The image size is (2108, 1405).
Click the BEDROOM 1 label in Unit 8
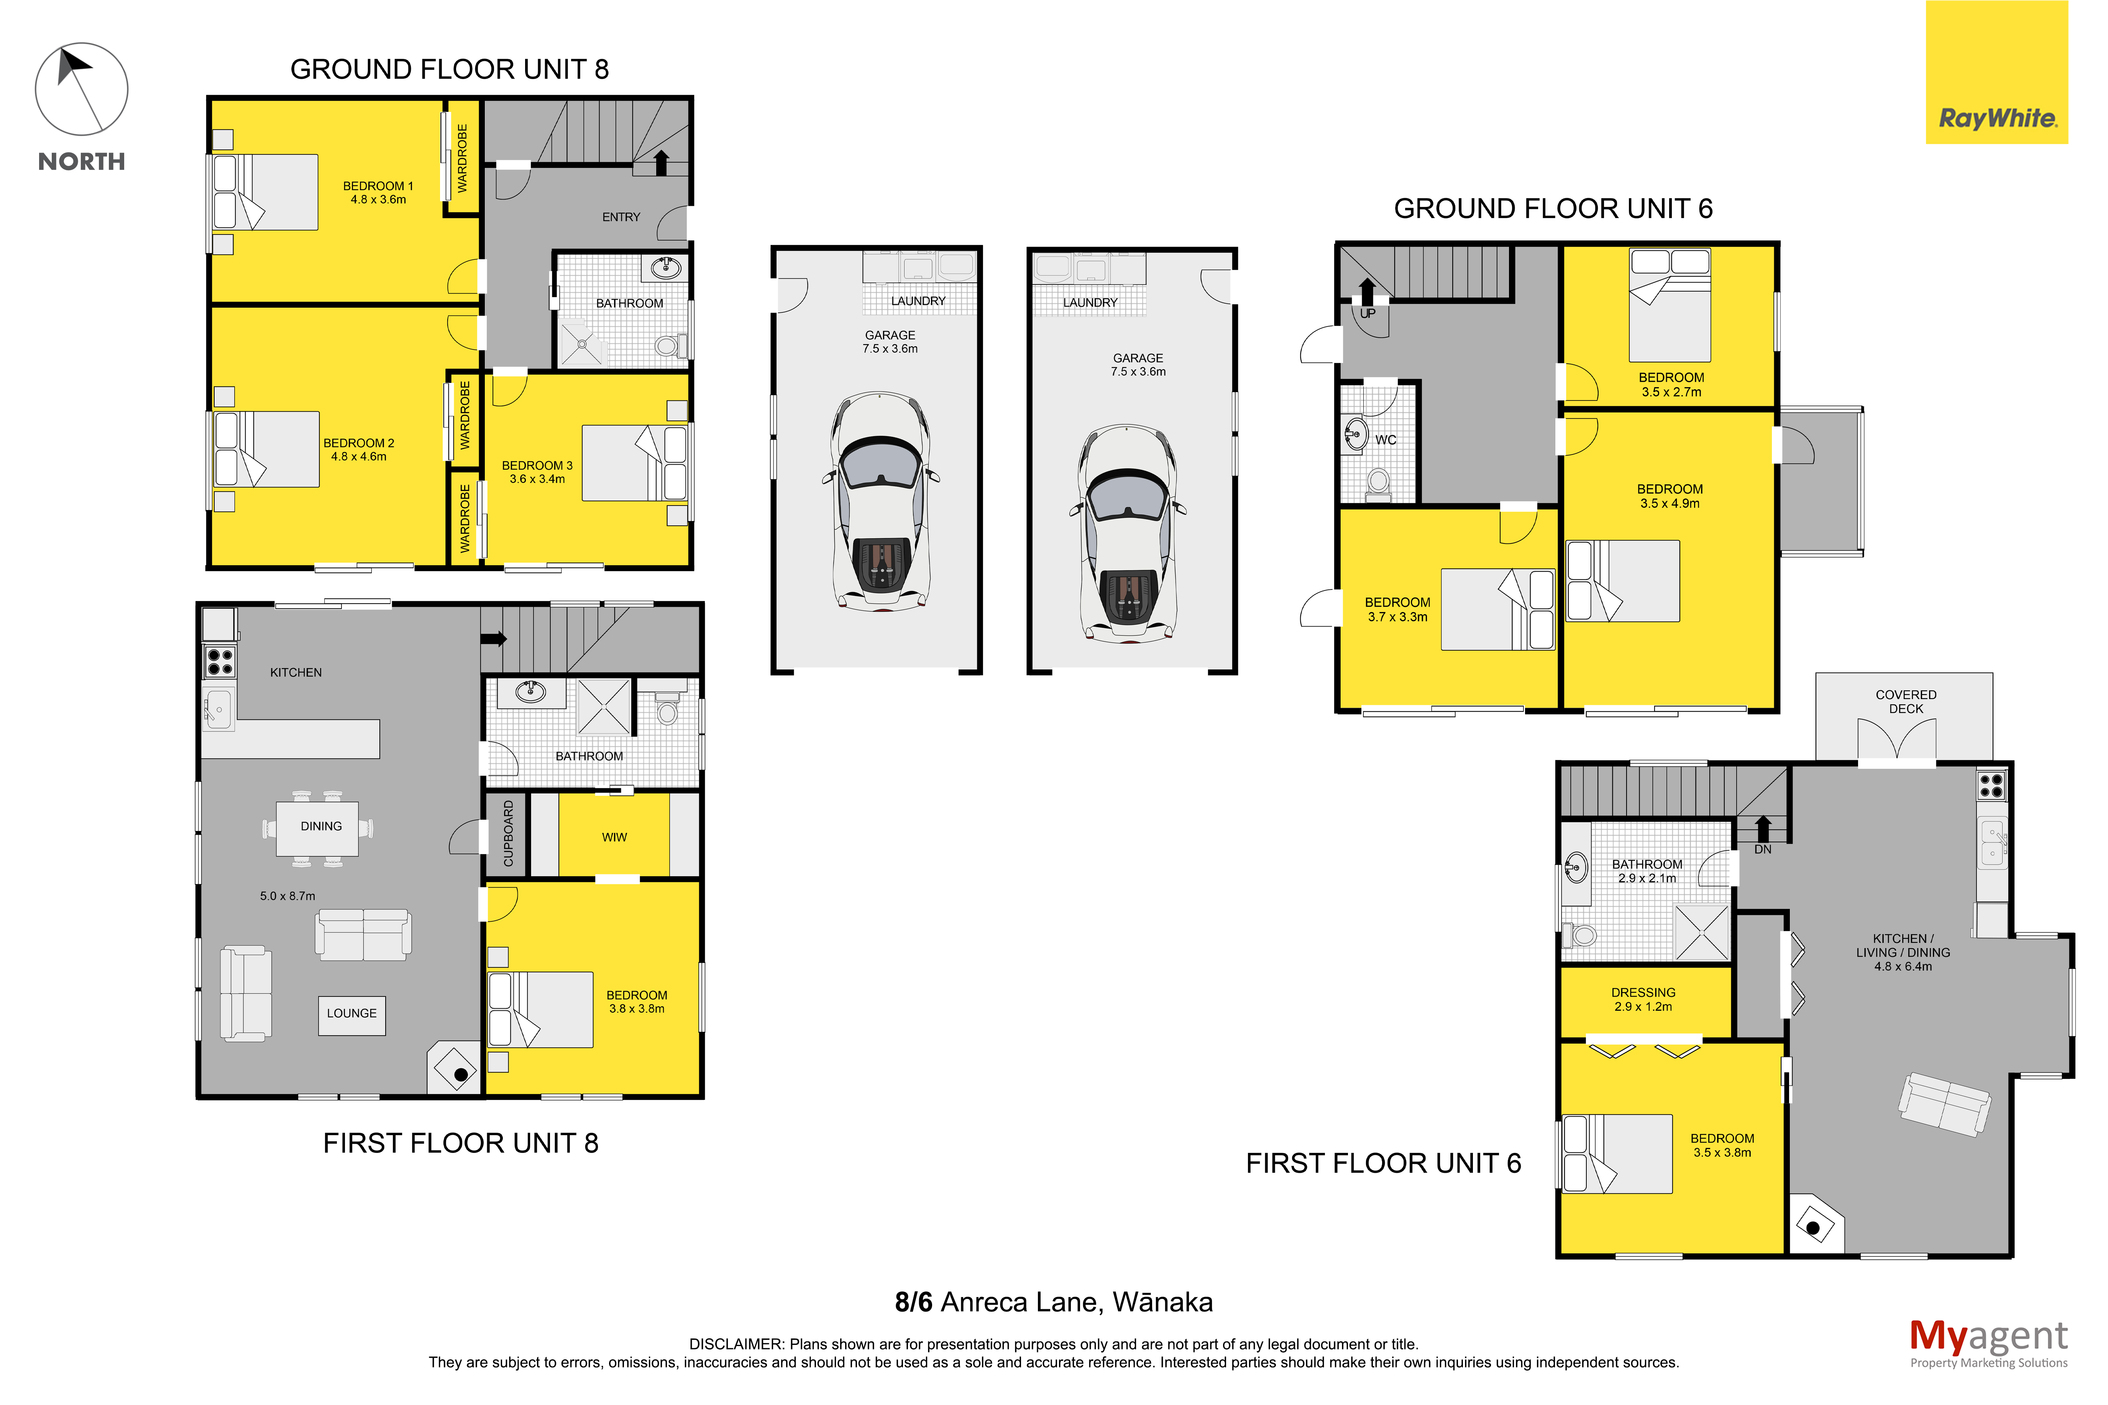click(378, 185)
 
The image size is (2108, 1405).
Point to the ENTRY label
click(621, 217)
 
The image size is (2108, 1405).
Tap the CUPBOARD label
click(508, 833)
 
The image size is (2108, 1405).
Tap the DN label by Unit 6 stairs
click(1762, 849)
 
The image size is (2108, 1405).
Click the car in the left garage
click(881, 501)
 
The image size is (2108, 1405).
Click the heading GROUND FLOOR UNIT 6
click(1553, 209)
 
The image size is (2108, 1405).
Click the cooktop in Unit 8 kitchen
click(220, 661)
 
